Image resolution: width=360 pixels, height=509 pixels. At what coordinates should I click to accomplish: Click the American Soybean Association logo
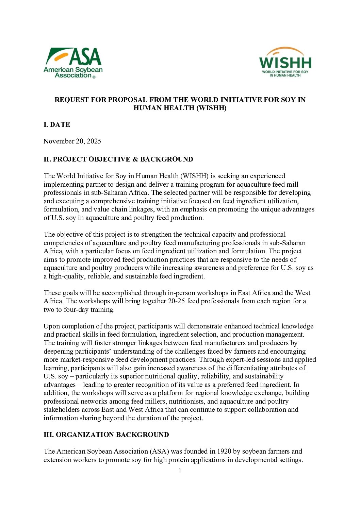(x=73, y=63)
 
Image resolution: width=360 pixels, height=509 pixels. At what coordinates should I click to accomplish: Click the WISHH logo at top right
(x=285, y=62)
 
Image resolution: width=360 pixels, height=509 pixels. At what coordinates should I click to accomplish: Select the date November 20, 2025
(x=72, y=141)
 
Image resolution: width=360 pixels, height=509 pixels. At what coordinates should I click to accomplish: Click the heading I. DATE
(x=57, y=124)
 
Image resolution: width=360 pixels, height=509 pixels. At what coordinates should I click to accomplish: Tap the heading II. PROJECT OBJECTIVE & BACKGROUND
(x=118, y=159)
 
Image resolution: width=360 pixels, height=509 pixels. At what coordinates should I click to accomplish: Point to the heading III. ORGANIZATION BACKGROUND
(x=106, y=435)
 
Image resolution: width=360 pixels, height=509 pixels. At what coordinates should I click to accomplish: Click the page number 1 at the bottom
(x=180, y=471)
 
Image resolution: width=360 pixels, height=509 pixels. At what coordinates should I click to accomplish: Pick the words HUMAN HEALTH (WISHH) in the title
(x=180, y=108)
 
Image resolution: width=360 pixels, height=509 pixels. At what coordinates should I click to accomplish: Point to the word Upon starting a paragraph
(x=52, y=326)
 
